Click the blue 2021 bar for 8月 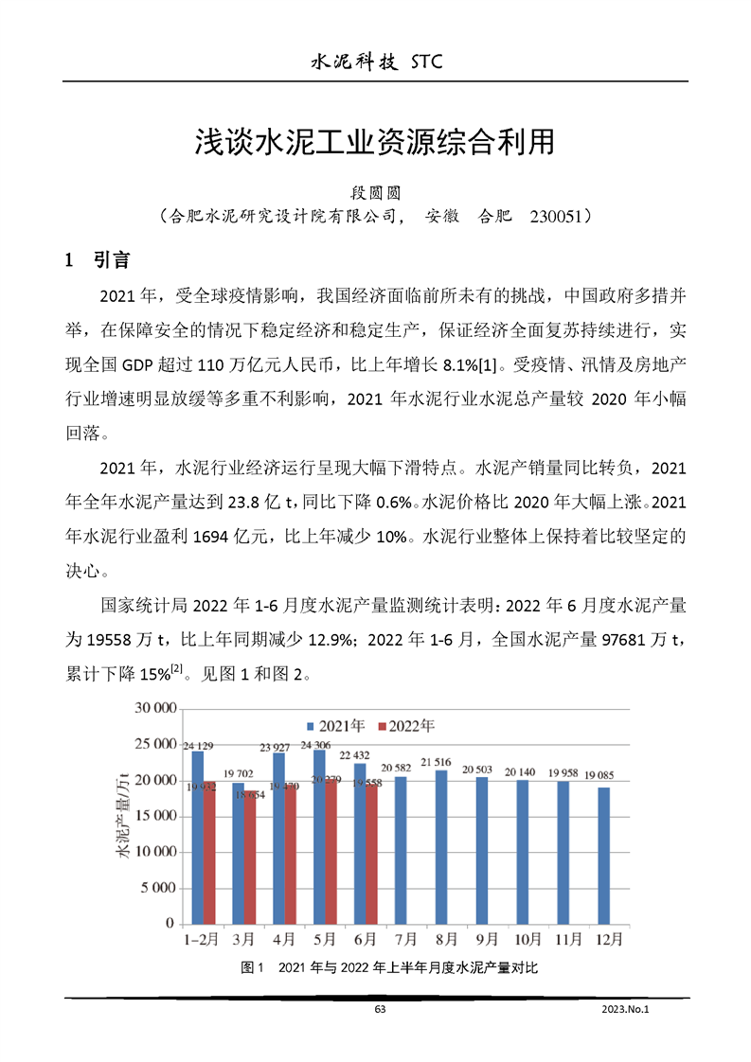(x=440, y=846)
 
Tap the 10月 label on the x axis (x=527, y=940)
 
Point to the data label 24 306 (x=317, y=744)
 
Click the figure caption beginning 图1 (x=389, y=968)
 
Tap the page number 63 (x=380, y=1010)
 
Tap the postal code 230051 (x=560, y=216)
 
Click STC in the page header (x=427, y=62)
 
